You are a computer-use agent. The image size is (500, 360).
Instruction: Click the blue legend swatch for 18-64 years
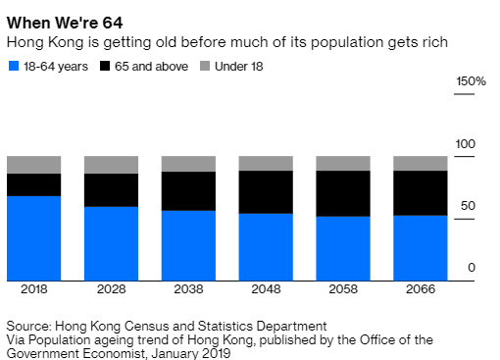(13, 67)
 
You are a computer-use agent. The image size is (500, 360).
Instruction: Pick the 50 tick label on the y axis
(468, 206)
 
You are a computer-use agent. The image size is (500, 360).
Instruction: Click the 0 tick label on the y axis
(472, 268)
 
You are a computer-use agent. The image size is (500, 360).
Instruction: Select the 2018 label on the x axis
(34, 290)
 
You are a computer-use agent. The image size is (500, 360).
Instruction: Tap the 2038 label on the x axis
(188, 290)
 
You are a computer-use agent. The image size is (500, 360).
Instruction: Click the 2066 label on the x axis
(420, 290)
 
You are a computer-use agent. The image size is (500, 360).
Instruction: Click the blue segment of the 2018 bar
(34, 238)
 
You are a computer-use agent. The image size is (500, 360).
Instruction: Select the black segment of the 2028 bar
(111, 189)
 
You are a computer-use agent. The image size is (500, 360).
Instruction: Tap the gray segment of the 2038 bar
(188, 163)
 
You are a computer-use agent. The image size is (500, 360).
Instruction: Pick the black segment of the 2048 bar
(265, 191)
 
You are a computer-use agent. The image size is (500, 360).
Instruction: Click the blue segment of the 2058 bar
(342, 248)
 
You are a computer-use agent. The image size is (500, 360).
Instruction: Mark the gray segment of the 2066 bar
(420, 163)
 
